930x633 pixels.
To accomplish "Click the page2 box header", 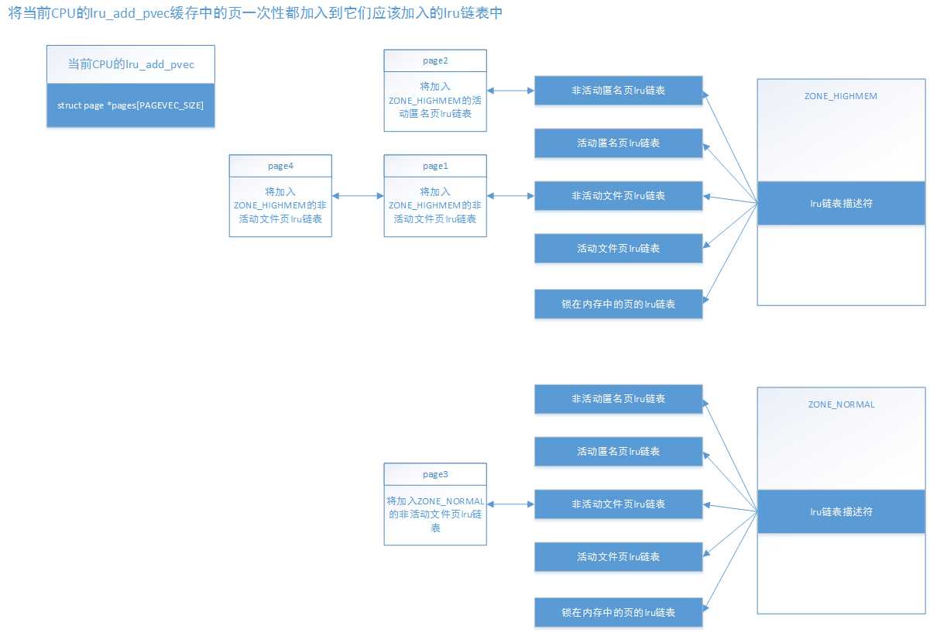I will tap(435, 60).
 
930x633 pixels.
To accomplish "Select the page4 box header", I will tap(280, 166).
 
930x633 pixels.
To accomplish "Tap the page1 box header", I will tap(435, 166).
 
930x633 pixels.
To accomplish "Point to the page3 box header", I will tap(435, 474).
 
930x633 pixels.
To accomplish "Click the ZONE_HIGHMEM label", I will tap(841, 96).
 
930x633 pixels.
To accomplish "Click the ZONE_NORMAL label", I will tap(841, 404).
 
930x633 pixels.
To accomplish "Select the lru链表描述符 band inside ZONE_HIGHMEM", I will tap(841, 203).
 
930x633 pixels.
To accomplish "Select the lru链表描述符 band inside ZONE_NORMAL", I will tap(841, 511).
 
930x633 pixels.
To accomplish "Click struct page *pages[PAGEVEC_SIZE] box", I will tap(130, 105).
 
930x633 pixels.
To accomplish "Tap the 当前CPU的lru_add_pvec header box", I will tap(130, 65).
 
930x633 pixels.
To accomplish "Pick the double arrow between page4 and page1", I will tap(358, 196).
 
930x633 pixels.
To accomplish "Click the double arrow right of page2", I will tap(510, 91).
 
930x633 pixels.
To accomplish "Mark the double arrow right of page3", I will tap(510, 504).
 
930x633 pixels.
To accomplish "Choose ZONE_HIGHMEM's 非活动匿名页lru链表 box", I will tap(618, 91).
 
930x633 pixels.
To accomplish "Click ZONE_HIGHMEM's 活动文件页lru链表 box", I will tap(618, 249).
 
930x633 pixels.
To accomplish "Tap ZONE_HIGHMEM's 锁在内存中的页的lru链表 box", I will tap(618, 304).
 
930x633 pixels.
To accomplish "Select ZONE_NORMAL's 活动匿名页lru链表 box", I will tap(618, 451).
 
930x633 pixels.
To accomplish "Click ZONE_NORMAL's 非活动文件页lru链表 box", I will tap(618, 504).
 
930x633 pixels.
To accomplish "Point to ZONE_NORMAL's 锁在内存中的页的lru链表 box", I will tap(618, 612).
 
